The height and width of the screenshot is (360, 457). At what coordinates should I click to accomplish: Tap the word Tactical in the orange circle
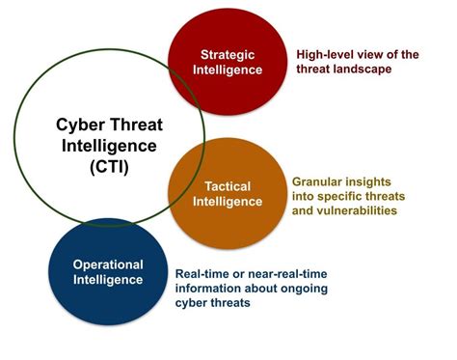click(x=228, y=185)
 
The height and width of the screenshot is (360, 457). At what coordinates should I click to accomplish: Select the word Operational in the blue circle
click(x=107, y=264)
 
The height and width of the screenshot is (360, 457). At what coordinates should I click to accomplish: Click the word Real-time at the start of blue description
click(x=203, y=273)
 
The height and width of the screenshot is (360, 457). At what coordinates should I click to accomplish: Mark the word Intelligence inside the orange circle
click(x=228, y=201)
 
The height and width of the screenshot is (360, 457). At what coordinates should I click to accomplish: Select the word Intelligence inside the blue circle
click(x=107, y=280)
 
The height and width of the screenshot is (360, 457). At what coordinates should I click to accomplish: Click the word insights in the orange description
click(x=374, y=180)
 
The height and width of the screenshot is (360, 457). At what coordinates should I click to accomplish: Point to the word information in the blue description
click(x=207, y=287)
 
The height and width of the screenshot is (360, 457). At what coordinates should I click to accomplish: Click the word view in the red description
click(x=374, y=55)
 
